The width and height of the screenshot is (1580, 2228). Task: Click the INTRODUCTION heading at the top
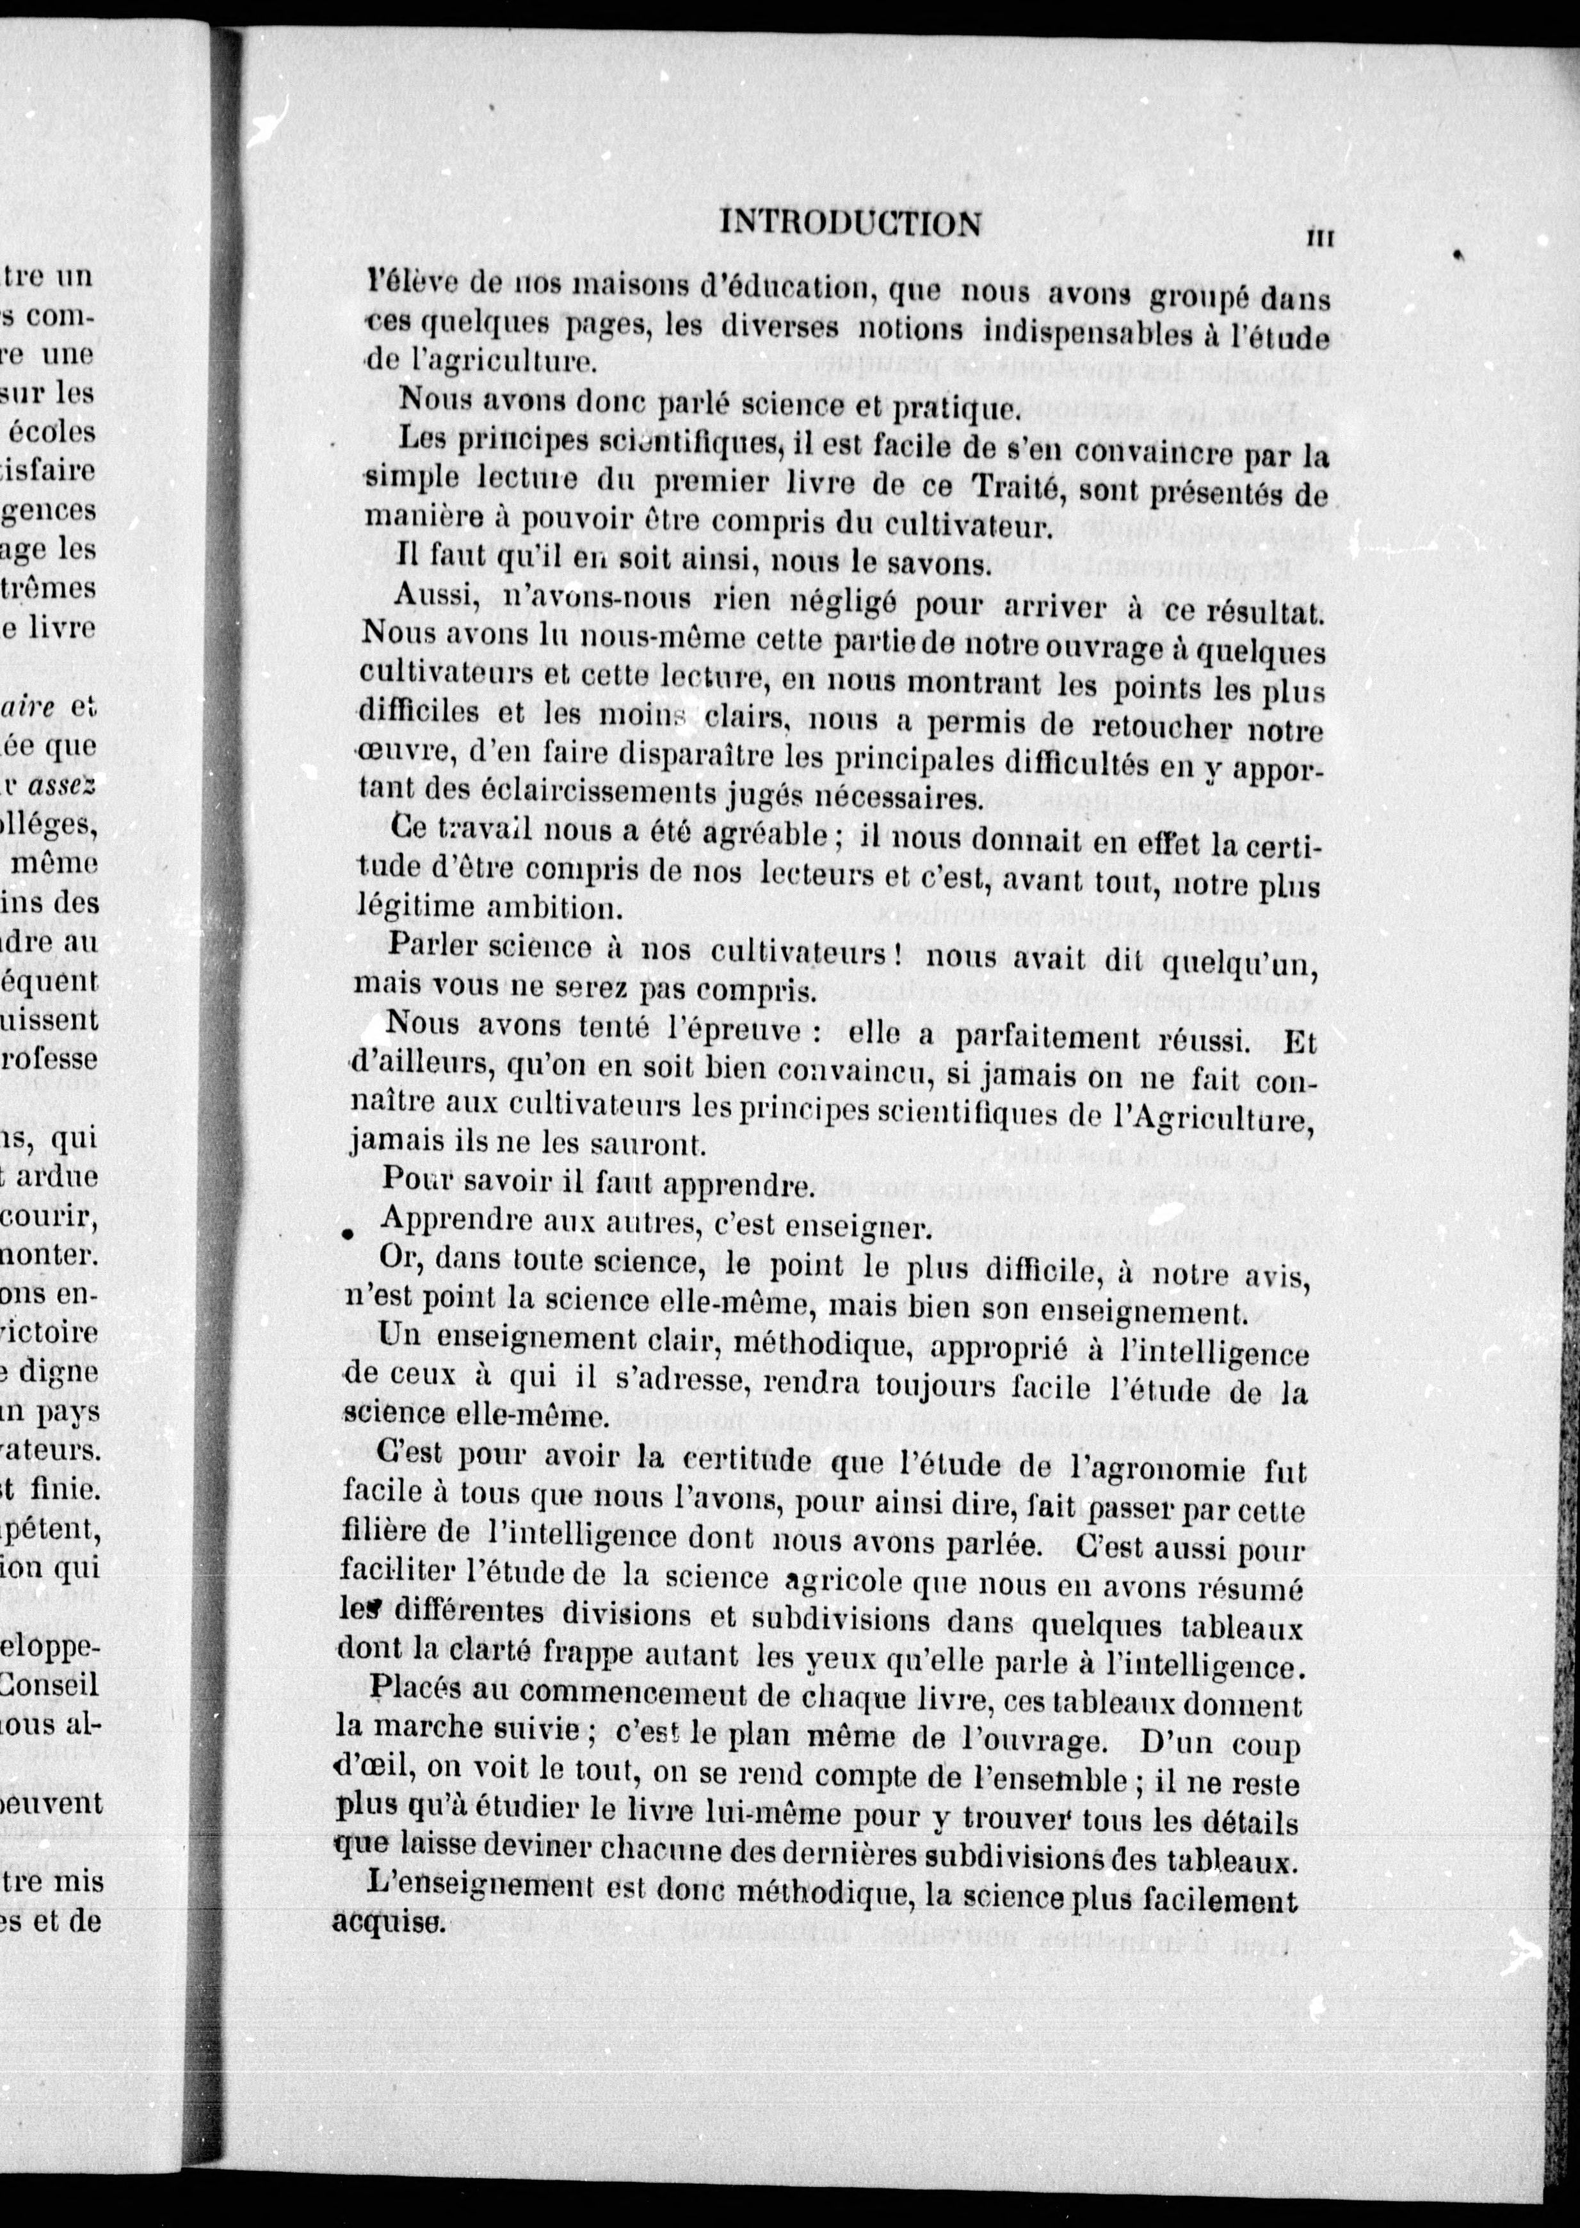(x=850, y=225)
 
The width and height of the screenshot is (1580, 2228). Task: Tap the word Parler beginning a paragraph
(x=433, y=945)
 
